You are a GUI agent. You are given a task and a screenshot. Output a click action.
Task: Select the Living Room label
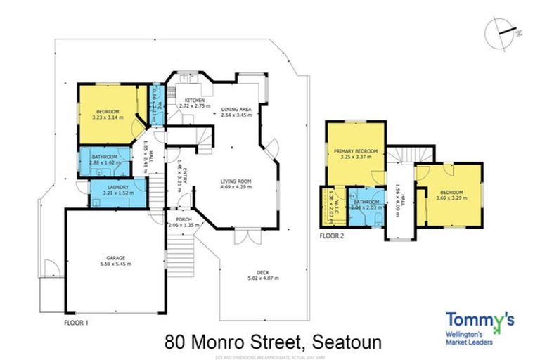235,181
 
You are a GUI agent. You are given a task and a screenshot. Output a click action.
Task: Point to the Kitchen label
194,101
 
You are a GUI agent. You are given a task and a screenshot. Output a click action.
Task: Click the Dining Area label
236,109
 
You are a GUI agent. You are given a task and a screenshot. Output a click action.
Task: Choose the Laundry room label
117,187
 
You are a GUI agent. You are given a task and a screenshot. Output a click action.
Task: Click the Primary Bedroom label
356,151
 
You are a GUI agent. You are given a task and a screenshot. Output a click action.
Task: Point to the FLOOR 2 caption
332,236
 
